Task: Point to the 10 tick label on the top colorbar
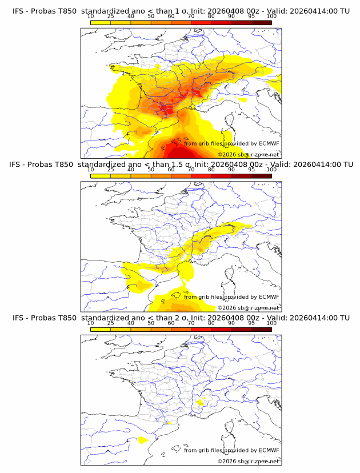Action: coord(91,16)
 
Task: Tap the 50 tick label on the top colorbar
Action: coord(151,16)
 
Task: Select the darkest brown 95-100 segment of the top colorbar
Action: coord(261,22)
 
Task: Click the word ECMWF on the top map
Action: coord(269,144)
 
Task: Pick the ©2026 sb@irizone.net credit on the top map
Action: coord(248,154)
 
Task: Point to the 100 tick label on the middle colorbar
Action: coord(271,170)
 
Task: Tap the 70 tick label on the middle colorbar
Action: coord(191,170)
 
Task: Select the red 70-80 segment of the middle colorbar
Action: coord(201,176)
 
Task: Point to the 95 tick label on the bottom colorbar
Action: coord(251,323)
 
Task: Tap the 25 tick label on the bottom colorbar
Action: coord(111,323)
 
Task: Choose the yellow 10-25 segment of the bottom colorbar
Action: coord(101,329)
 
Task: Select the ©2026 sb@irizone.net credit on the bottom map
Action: coord(248,461)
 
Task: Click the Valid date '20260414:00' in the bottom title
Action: coord(314,318)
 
